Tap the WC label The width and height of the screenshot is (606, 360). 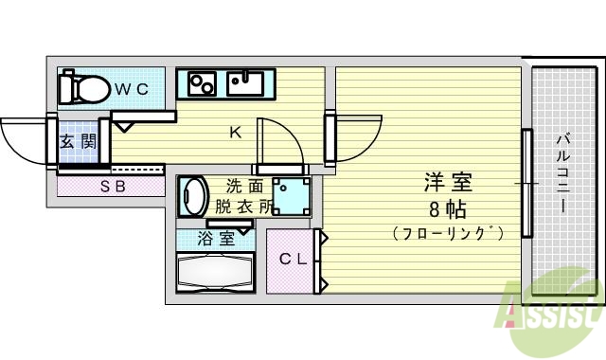(133, 89)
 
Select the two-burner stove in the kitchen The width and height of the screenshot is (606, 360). (203, 84)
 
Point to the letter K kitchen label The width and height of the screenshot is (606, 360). (236, 133)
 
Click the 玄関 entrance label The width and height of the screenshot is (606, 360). (77, 142)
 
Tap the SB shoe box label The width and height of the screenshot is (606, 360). (113, 187)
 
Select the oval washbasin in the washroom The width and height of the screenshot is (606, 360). (194, 196)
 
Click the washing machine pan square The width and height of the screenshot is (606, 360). (291, 196)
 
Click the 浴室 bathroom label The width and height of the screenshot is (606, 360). (216, 239)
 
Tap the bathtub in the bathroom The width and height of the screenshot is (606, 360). (216, 275)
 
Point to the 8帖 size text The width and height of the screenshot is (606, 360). (447, 208)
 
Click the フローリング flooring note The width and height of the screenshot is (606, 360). (447, 232)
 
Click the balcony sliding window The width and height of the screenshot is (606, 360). (525, 180)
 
